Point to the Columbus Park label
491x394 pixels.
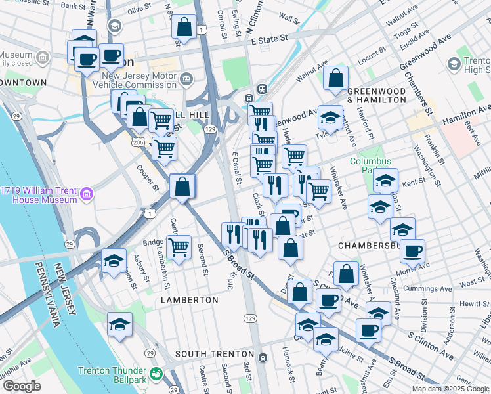[370, 165]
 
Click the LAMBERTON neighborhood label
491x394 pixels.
[190, 299]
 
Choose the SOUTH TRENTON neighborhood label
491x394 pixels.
[214, 354]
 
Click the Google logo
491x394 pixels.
[22, 386]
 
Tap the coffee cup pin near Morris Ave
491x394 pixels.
[412, 251]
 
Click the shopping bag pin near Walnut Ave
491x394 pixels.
[335, 78]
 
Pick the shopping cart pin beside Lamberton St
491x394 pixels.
[179, 248]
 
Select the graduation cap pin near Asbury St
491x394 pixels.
[114, 260]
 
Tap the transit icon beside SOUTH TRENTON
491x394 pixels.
[263, 357]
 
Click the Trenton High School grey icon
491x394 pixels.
[454, 64]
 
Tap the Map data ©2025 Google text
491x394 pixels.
[450, 389]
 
